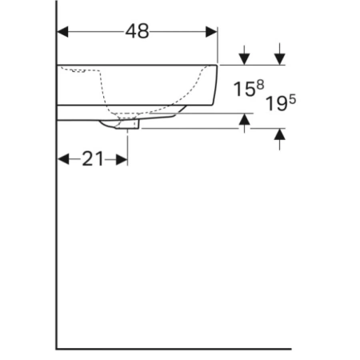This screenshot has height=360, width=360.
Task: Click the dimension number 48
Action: [x=137, y=31]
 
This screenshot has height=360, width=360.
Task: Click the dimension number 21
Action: [x=93, y=159]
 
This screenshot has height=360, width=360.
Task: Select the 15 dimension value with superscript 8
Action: [x=249, y=88]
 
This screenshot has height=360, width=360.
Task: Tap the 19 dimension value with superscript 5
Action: [x=281, y=103]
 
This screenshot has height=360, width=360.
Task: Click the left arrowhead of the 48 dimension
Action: [x=62, y=32]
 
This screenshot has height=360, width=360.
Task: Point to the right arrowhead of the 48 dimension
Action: [x=211, y=32]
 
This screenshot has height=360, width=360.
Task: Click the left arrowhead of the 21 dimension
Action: [x=63, y=159]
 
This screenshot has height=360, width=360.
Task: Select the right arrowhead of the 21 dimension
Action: [x=122, y=160]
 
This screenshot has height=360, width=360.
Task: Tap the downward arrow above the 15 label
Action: [x=244, y=55]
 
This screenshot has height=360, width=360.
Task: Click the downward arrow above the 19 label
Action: [x=279, y=54]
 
